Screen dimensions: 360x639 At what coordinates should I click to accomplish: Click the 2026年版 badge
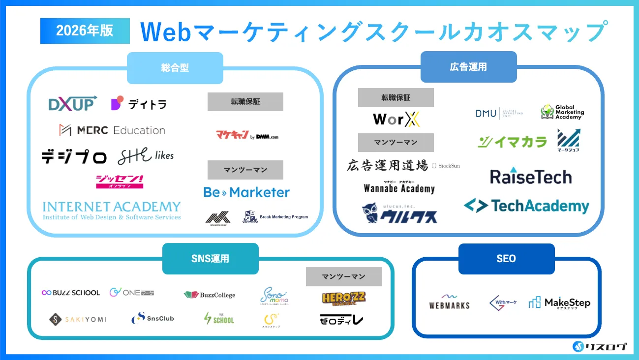[85, 31]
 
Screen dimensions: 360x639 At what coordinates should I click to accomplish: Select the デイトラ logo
[139, 104]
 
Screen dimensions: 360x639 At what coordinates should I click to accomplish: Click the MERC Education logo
[112, 130]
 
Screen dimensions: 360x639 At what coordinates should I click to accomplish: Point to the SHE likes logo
[146, 156]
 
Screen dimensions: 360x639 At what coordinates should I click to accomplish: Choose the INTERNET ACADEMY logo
[112, 210]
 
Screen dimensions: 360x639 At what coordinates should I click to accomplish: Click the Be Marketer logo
[246, 192]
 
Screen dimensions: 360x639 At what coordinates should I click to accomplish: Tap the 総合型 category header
[175, 68]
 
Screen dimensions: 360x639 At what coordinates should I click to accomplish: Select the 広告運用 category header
[468, 66]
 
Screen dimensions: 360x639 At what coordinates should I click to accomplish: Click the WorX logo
[396, 120]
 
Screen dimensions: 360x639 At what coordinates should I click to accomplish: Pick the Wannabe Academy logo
[399, 187]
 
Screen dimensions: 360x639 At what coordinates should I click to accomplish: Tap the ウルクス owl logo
[399, 213]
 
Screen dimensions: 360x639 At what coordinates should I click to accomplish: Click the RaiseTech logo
[531, 176]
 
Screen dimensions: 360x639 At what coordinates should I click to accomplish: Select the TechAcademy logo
[526, 206]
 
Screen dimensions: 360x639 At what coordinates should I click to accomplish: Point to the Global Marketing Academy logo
[562, 112]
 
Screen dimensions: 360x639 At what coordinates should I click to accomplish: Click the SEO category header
[506, 259]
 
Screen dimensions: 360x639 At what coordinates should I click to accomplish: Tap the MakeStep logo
[559, 303]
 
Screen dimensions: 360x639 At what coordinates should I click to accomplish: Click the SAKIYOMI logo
[78, 319]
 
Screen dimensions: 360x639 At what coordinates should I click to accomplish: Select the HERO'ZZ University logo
[343, 298]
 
